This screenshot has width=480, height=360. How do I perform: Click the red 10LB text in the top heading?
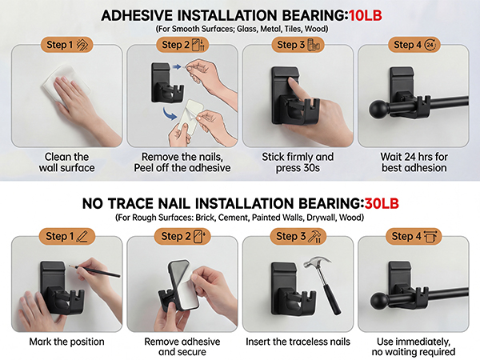pyautogui.click(x=366, y=15)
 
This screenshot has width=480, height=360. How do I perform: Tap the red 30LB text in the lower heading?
pyautogui.click(x=382, y=203)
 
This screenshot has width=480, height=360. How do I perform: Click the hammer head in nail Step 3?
pyautogui.click(x=316, y=263)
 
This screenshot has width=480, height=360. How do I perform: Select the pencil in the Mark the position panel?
pyautogui.click(x=94, y=271)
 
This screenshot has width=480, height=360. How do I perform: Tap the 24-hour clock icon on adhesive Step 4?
pyautogui.click(x=430, y=45)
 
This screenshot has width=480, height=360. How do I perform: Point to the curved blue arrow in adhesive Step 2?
pyautogui.click(x=170, y=114)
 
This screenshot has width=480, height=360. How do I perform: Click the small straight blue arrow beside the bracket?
pyautogui.click(x=177, y=66)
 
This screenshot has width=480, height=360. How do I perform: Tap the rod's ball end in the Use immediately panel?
pyautogui.click(x=379, y=301)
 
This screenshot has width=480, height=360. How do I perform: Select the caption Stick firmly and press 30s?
pyautogui.click(x=298, y=162)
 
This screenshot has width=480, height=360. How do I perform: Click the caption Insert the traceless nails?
pyautogui.click(x=298, y=342)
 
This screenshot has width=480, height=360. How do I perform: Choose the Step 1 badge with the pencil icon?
pyautogui.click(x=66, y=236)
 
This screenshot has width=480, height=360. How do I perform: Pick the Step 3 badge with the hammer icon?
pyautogui.click(x=298, y=236)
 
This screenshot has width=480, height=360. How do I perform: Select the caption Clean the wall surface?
pyautogui.click(x=66, y=162)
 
